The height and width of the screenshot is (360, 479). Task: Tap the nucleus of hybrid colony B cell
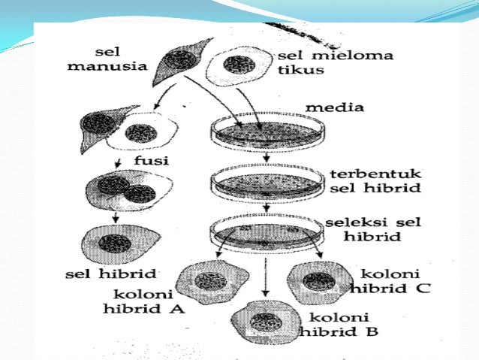point(267,323)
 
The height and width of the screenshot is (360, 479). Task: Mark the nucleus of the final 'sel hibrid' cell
point(116,244)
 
